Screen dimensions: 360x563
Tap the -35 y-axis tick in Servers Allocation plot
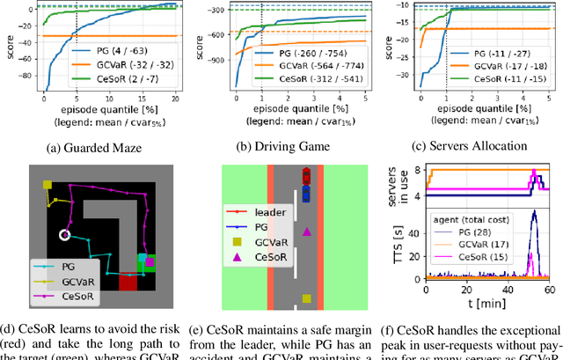tap(406, 89)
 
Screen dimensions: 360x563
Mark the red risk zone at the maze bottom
tap(128, 282)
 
